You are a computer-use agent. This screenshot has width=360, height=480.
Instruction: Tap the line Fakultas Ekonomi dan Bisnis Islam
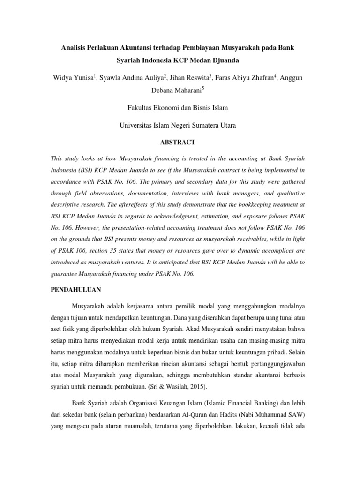point(178,108)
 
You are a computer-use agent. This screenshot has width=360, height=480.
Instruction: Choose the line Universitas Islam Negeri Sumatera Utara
point(178,125)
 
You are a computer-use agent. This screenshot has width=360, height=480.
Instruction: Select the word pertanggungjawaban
point(273,363)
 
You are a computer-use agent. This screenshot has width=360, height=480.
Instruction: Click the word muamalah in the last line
point(154,427)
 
